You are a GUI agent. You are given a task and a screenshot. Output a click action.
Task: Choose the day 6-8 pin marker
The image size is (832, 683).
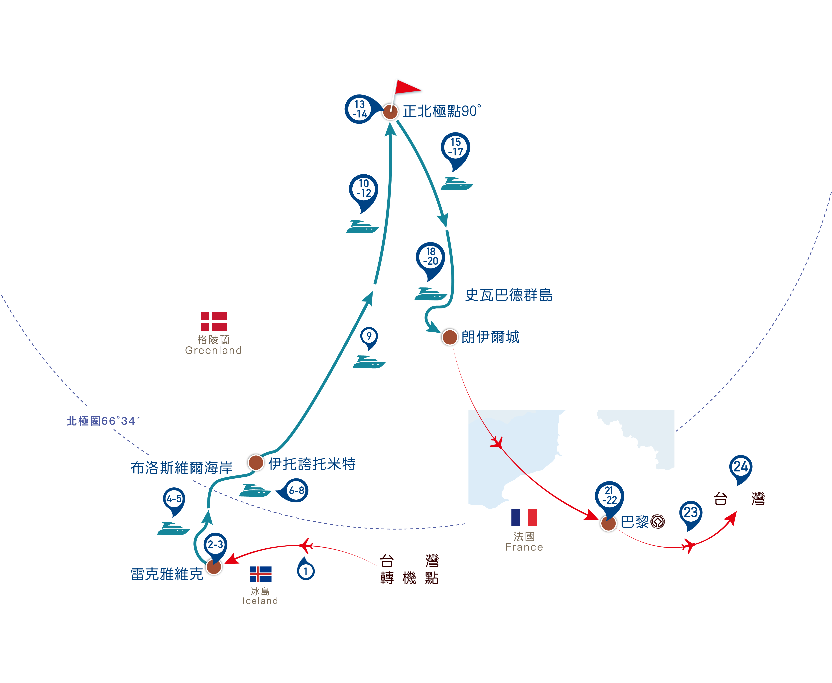[x=293, y=490]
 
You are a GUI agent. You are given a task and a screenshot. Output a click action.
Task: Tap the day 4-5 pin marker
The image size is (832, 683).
[x=174, y=501]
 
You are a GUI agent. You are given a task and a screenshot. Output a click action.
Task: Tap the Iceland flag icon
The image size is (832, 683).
[x=261, y=574]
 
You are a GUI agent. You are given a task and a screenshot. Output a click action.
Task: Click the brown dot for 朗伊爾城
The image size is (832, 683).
[x=449, y=337]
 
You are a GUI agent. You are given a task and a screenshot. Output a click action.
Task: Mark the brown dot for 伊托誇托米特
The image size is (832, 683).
[x=256, y=462]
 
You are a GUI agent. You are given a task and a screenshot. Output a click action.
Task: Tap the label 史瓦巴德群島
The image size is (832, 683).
[x=509, y=295]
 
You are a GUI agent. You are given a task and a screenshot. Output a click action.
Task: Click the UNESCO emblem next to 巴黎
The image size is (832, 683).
[x=658, y=522]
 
